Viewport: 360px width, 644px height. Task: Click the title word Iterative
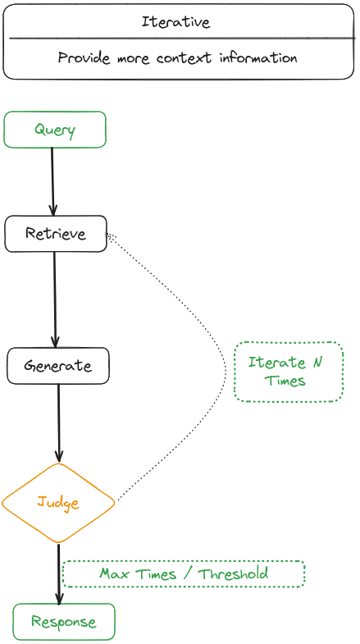pyautogui.click(x=175, y=22)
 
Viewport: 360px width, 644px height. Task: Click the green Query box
pyautogui.click(x=55, y=130)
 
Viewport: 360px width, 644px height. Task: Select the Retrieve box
pyautogui.click(x=55, y=234)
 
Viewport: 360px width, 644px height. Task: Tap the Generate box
pyautogui.click(x=57, y=366)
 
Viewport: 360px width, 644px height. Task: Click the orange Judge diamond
pyautogui.click(x=58, y=502)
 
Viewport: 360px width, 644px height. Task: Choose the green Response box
pyautogui.click(x=64, y=622)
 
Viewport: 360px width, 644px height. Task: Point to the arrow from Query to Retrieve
pyautogui.click(x=52, y=181)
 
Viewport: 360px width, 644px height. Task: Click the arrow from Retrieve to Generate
pyautogui.click(x=55, y=299)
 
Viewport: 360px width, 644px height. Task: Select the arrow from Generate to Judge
pyautogui.click(x=58, y=422)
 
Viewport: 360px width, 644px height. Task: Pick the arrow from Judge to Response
pyautogui.click(x=59, y=573)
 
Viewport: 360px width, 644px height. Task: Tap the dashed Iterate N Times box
pyautogui.click(x=288, y=372)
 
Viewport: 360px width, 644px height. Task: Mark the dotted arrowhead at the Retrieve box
pyautogui.click(x=112, y=237)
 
